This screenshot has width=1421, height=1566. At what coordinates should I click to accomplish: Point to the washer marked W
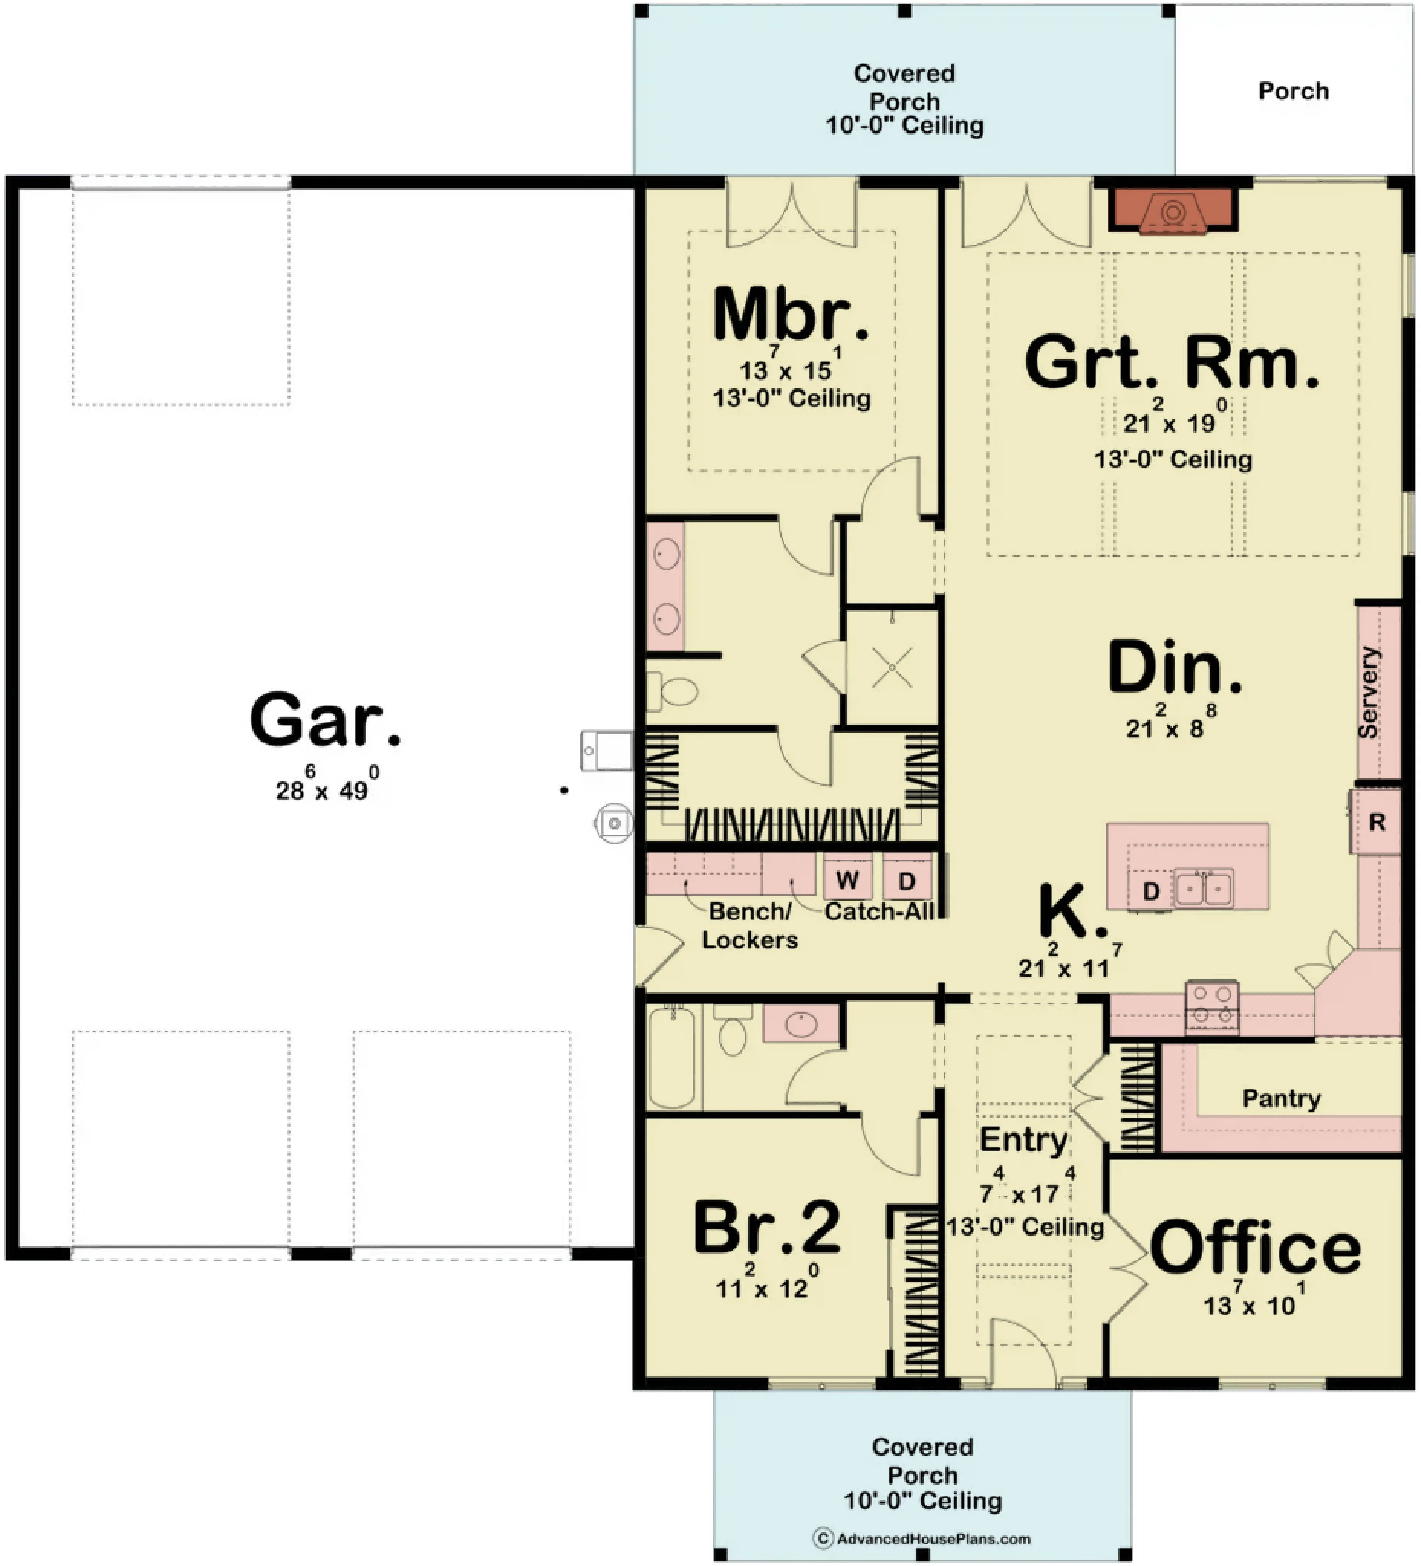coord(847,880)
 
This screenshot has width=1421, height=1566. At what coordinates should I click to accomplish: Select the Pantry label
coord(1281,1098)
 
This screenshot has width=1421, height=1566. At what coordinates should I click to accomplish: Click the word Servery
coord(1368,692)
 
